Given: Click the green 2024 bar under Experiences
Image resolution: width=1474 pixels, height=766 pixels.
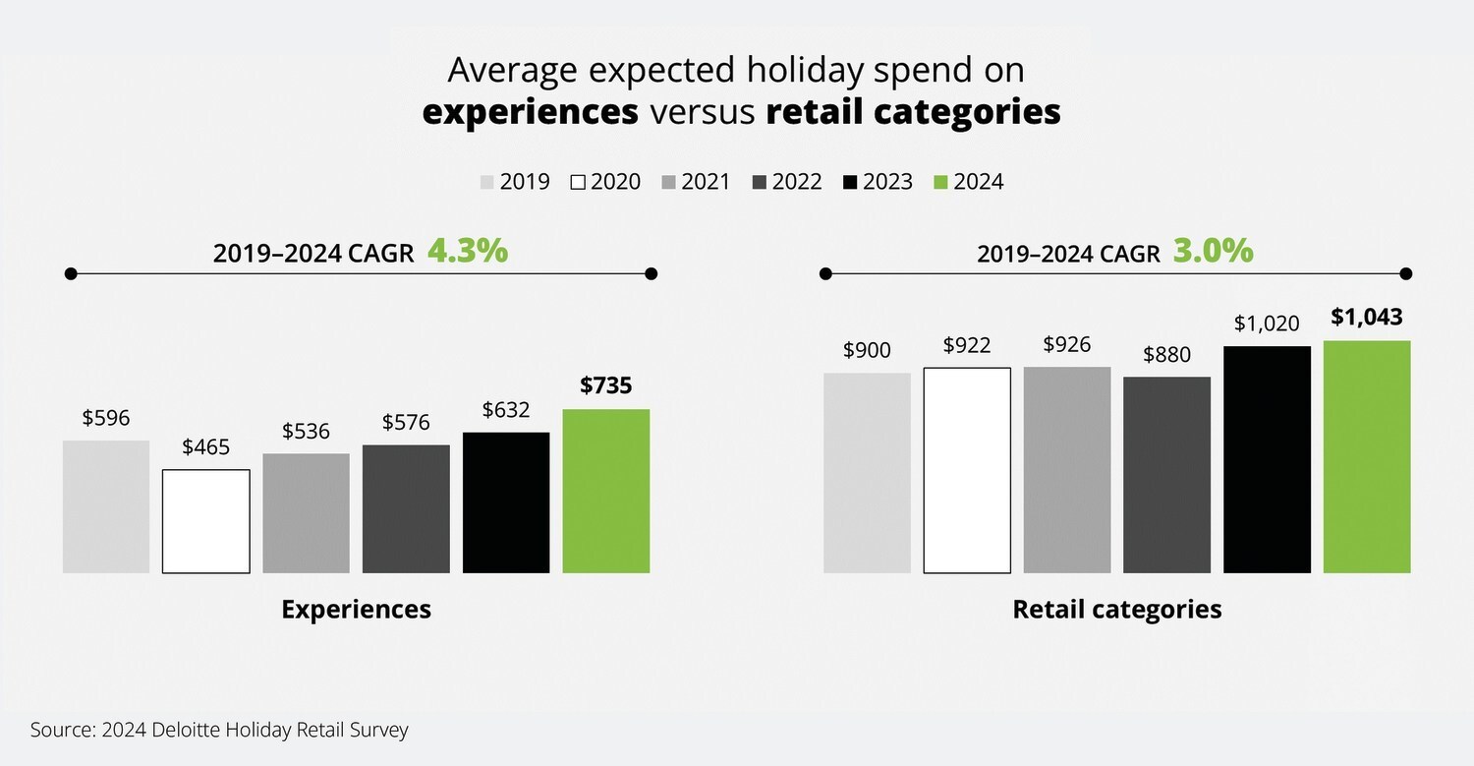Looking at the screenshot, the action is [606, 491].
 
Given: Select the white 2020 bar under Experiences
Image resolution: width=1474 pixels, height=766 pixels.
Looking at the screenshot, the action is [206, 521].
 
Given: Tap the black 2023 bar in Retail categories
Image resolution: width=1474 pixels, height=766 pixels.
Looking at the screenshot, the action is [1267, 460].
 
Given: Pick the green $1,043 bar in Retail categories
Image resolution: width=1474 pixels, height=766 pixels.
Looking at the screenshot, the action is [1367, 456].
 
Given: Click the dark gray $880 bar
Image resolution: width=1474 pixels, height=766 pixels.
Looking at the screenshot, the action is [1166, 475].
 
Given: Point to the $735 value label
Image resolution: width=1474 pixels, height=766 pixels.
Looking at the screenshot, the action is [605, 385].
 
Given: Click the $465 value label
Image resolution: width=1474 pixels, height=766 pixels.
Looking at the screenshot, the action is [206, 447].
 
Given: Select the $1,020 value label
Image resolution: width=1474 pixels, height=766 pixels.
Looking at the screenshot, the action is [1267, 324].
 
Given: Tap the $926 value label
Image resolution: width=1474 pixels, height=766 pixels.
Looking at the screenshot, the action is [1066, 344].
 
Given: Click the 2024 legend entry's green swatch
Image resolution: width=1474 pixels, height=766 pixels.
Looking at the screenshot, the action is [940, 182].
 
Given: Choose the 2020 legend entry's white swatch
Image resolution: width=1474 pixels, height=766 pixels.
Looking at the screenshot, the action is [578, 182].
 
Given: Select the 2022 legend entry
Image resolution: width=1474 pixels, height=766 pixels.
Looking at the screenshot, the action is [787, 182].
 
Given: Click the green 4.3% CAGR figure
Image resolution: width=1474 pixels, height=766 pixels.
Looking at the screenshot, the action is [468, 251].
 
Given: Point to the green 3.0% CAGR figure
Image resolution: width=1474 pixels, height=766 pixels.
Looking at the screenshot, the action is [1214, 251].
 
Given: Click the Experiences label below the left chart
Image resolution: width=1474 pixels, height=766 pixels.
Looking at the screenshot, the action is [356, 610].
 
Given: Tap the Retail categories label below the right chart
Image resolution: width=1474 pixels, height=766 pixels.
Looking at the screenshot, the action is [1116, 610].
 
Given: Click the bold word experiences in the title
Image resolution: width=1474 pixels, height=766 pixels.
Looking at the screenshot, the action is [531, 111].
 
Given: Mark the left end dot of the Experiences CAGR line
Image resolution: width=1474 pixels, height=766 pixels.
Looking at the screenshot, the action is [71, 273].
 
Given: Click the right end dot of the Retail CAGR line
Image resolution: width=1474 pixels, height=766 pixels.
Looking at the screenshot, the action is [1406, 273].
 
